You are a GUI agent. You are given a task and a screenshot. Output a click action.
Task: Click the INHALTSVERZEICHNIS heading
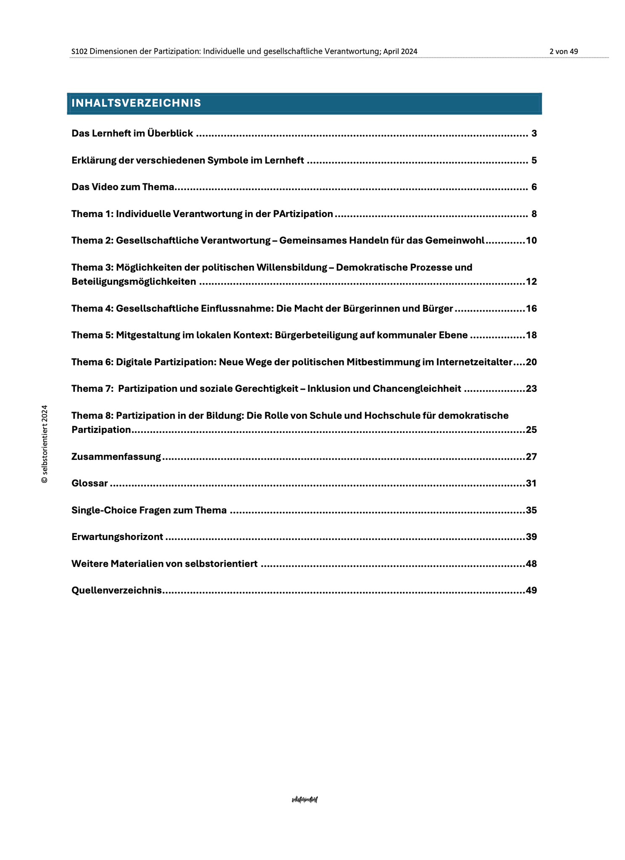136,103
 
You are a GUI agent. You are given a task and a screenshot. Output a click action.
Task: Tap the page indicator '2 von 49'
563,51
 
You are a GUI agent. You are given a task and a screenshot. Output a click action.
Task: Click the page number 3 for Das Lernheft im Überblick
534,134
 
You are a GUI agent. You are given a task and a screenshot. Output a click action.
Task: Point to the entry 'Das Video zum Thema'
123,187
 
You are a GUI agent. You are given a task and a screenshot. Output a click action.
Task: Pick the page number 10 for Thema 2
531,241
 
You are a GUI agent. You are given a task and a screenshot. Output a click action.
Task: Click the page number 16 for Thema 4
531,309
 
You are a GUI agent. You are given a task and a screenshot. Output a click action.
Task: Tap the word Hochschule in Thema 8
388,415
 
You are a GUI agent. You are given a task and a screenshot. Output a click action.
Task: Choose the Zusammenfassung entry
116,456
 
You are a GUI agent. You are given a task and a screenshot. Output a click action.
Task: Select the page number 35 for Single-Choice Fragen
531,510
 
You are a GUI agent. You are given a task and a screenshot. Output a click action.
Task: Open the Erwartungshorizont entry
117,537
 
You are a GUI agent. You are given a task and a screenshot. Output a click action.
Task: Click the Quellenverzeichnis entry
117,590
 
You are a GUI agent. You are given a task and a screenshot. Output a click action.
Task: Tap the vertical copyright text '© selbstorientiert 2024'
45,444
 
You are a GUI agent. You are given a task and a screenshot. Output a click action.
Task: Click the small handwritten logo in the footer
305,800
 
